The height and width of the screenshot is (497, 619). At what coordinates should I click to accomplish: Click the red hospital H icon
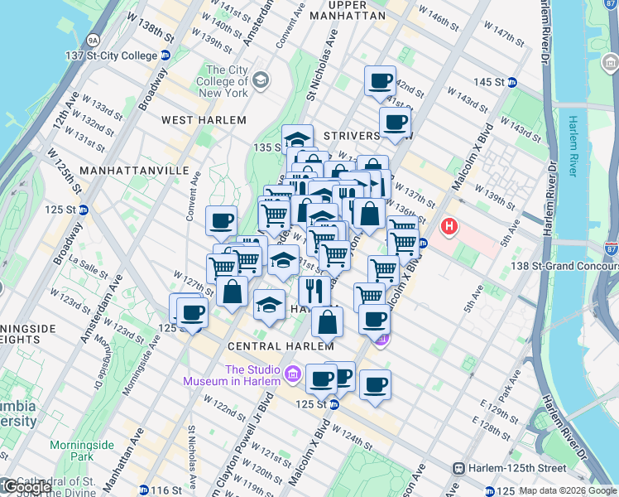coord(449,225)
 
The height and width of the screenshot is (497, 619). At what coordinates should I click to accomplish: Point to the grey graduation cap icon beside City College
coord(262,80)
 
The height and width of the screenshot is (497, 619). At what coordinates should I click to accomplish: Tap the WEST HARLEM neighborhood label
coord(204,120)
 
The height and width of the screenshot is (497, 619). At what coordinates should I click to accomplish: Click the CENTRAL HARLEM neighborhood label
coord(244,345)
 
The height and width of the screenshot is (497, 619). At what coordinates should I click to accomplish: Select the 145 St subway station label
coord(489,82)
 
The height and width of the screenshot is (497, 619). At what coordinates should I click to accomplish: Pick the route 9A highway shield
coord(94,39)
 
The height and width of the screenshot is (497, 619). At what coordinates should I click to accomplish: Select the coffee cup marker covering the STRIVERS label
coord(396,123)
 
